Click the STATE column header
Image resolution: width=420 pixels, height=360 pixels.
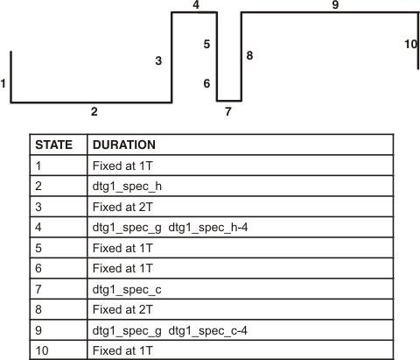coord(52,145)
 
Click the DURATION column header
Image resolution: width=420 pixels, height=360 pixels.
coord(123,145)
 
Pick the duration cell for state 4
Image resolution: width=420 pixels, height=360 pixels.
coord(171,227)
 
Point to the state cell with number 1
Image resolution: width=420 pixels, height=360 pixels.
coord(38,165)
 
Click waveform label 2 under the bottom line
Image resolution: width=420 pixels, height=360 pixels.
coord(94,111)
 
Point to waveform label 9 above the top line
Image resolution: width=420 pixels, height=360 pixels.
coord(335,5)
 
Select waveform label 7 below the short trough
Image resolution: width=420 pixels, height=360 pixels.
coord(227,111)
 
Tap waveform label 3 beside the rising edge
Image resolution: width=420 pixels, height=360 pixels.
coord(158,60)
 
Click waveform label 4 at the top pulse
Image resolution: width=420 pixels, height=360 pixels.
coord(196,5)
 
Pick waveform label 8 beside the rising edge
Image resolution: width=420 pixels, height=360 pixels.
coord(249,55)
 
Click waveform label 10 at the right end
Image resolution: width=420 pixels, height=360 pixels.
coord(411,43)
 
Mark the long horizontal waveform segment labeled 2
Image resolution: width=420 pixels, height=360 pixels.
coord(91,102)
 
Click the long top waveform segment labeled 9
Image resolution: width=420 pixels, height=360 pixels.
coord(328,12)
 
